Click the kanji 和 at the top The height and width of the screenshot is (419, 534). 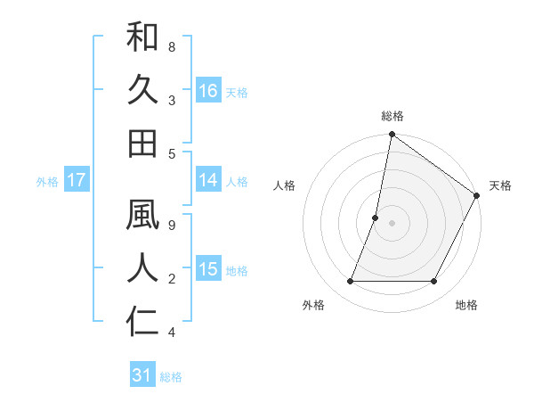[142, 37]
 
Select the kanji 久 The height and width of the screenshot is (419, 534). [142, 90]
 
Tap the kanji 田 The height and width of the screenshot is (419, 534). [142, 143]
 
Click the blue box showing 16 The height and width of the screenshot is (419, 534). [208, 90]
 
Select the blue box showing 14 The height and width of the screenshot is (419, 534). [208, 180]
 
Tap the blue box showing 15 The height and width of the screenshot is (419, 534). [208, 269]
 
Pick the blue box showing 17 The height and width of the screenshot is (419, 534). [77, 180]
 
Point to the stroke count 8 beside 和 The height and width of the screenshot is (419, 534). [171, 45]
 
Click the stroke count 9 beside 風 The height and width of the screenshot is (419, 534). [171, 226]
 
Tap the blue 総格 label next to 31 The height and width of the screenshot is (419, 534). [171, 377]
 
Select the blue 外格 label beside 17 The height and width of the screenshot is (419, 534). [47, 182]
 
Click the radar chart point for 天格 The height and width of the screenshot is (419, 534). [476, 196]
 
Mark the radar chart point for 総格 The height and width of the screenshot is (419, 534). [392, 136]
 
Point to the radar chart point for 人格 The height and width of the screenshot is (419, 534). [376, 218]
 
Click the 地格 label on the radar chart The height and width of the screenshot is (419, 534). [466, 305]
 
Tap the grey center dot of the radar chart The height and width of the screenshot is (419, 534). [392, 223]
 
